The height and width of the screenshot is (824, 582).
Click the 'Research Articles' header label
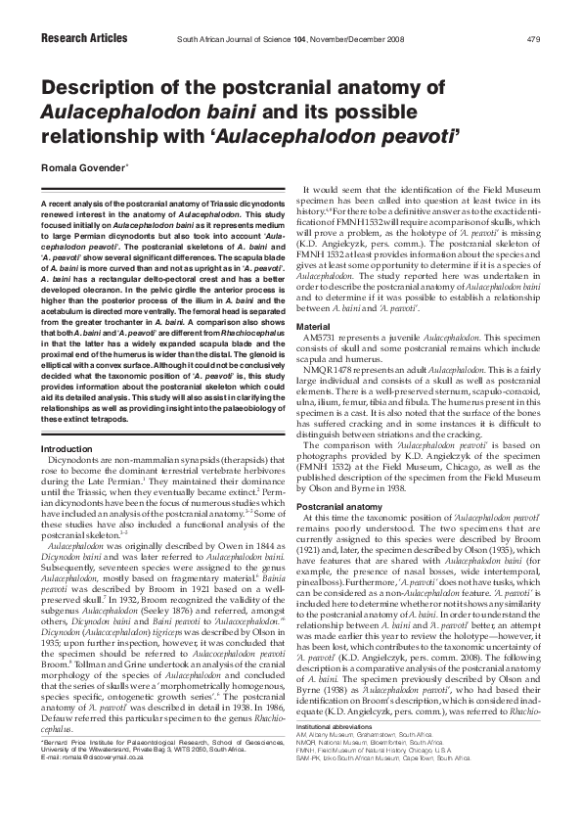(83, 38)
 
